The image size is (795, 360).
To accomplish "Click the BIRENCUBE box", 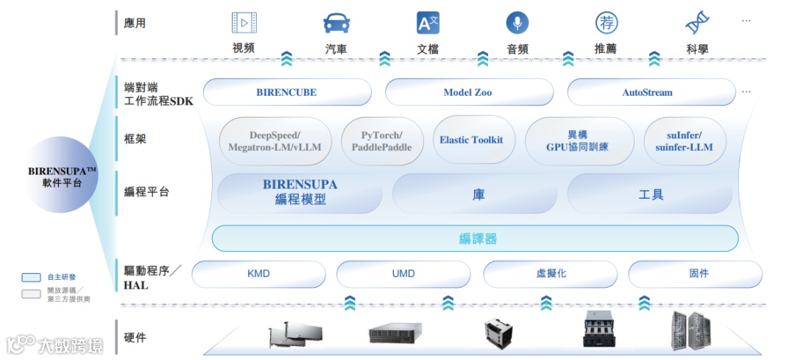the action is click(x=286, y=92).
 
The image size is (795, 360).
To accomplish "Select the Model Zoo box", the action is click(x=468, y=92).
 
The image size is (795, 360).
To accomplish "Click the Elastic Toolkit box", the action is click(x=471, y=140).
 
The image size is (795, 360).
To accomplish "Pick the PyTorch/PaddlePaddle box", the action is click(x=381, y=141).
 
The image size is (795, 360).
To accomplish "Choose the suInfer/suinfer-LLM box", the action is click(x=684, y=141).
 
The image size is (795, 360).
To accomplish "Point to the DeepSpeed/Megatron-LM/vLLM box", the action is click(x=275, y=141).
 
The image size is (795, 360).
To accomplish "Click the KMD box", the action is click(x=258, y=273).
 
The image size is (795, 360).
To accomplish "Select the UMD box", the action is click(x=403, y=273).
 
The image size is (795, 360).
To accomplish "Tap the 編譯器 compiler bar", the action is click(x=475, y=239).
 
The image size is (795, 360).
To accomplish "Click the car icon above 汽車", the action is click(x=336, y=24).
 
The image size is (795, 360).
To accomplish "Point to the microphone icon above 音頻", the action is click(x=517, y=24).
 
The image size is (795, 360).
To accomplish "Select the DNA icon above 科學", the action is click(x=696, y=24).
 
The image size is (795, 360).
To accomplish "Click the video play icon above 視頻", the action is click(x=244, y=24).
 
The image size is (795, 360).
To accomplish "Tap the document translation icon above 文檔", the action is click(x=428, y=24).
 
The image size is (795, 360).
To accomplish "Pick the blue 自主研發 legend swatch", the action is click(x=31, y=278).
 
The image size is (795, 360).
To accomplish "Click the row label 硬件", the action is click(x=135, y=338).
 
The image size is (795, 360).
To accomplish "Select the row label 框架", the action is click(x=135, y=138).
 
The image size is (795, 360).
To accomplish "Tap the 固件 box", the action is click(x=699, y=273).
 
